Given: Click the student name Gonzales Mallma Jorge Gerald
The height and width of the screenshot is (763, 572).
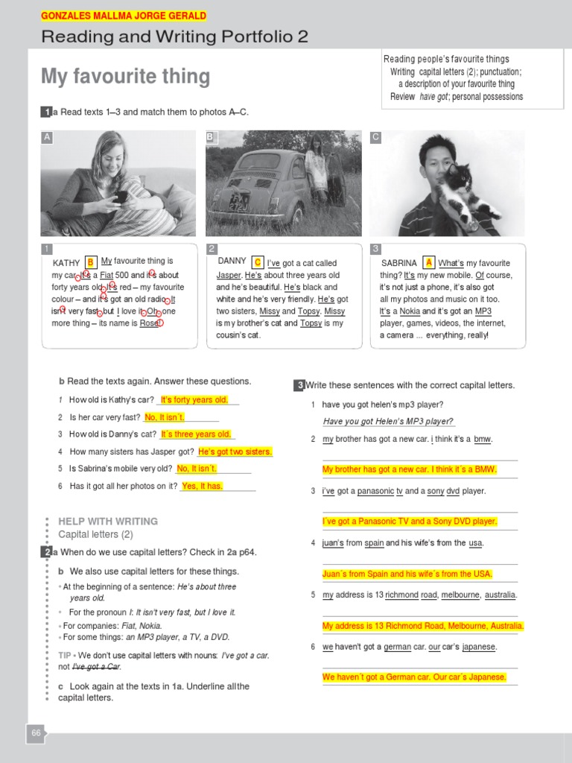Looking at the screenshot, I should pos(124,16).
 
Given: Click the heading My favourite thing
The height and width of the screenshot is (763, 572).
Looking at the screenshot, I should pos(125,77).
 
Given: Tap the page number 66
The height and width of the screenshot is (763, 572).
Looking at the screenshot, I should pos(36,733).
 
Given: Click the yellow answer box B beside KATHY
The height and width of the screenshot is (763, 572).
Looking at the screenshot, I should pos(91,262).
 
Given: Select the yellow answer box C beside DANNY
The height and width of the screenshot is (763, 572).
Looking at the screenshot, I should pos(258,262).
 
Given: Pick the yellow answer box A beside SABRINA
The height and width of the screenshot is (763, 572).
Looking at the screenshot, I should pos(428,262).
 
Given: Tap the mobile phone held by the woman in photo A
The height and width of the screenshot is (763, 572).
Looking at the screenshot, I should pos(120,197).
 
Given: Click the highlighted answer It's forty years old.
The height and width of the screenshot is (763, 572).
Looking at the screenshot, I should pos(194,400).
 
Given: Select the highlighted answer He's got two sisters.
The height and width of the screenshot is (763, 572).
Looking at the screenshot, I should pos(235,452).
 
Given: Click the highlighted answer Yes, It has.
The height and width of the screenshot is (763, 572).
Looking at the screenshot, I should pos(202,486).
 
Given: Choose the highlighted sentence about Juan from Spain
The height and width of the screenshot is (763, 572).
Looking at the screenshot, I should pos(407,574).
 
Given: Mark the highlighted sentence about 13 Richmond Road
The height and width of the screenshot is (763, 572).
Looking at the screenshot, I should pos(423,626).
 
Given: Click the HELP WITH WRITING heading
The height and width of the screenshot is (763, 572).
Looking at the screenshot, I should pos(108,521).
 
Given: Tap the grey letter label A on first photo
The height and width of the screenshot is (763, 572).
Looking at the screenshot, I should pos(47,137).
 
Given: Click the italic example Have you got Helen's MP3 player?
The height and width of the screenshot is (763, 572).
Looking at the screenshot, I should pos(388,422).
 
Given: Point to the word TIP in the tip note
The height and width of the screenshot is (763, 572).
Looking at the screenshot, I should pos(65,655).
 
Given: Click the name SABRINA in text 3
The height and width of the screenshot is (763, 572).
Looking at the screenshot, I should pos(399,263).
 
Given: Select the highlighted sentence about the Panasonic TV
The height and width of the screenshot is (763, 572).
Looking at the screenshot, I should pos(410,522).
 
